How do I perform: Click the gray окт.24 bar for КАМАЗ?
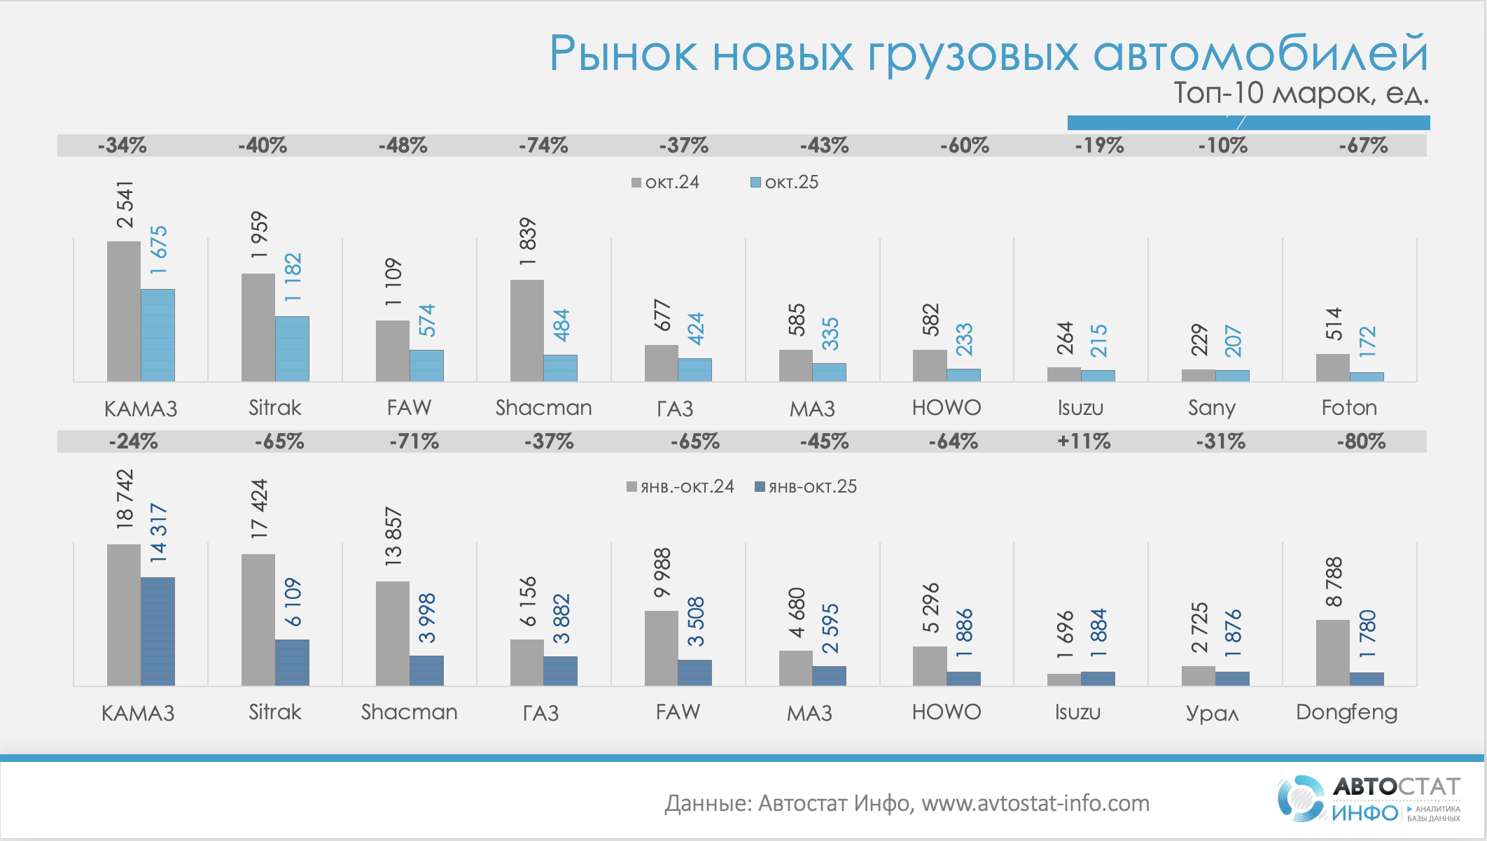tap(124, 311)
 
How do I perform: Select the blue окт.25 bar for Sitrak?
tap(292, 348)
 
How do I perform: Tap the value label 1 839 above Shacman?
tap(527, 241)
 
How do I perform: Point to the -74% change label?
tap(543, 146)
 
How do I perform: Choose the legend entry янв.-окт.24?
tap(680, 487)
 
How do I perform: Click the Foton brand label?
tap(1349, 407)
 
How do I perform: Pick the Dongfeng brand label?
tap(1346, 712)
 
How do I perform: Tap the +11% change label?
tap(1084, 441)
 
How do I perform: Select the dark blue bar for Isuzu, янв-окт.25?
tap(1098, 678)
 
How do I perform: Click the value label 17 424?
tap(259, 509)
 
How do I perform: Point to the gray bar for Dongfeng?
tap(1332, 652)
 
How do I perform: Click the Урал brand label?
tap(1212, 713)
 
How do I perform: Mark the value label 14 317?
tap(158, 532)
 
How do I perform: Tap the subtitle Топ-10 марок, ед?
tap(1301, 93)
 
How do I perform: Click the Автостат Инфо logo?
tap(1369, 798)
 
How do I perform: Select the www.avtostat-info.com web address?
tap(1035, 803)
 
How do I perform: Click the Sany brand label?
tap(1212, 407)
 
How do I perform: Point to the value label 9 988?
tap(662, 572)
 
